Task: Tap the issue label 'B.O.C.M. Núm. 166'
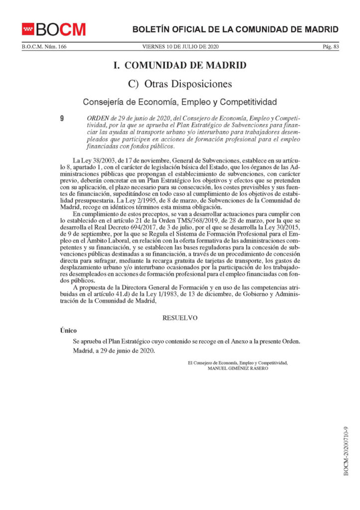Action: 44,47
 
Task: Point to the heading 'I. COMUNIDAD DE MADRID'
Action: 179,66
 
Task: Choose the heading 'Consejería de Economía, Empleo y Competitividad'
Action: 179,103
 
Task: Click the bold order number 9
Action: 61,119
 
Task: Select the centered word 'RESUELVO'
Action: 180,317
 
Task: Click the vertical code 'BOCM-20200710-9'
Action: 346,451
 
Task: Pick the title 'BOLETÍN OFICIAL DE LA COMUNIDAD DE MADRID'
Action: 236,29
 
